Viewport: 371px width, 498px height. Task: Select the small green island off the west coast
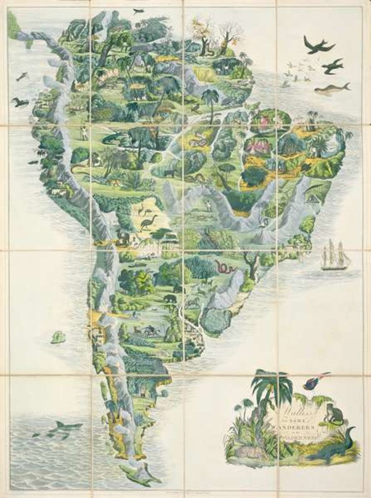point(58,337)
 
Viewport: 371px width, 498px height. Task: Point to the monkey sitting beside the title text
point(335,414)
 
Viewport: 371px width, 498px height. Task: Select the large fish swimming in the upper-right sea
point(332,89)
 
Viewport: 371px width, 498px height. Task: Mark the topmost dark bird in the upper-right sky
point(318,45)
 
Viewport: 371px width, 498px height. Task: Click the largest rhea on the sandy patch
point(148,223)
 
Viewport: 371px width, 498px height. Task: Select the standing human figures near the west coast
point(84,133)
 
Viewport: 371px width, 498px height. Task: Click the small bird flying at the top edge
point(139,11)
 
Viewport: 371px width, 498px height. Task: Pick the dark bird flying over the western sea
point(20,102)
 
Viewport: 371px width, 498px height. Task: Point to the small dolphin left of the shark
point(36,434)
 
